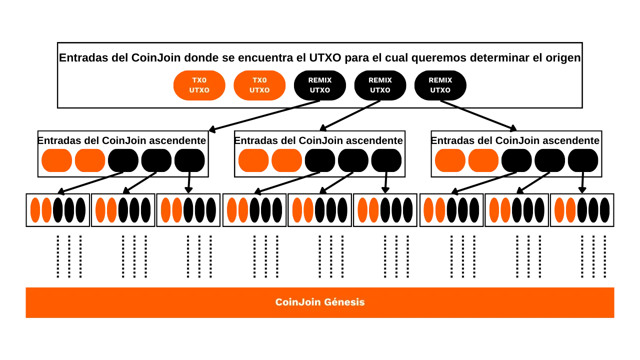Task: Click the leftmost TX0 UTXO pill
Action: tap(199, 85)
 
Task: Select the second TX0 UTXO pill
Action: tap(259, 85)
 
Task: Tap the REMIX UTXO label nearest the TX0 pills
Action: tap(320, 85)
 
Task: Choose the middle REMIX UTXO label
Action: tap(380, 85)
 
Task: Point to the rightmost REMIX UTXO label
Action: tap(440, 85)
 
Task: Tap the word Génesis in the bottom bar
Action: tap(344, 302)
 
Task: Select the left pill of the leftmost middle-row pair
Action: tap(56, 160)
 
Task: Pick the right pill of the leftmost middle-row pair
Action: tap(90, 160)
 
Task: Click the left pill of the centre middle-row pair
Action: tap(253, 160)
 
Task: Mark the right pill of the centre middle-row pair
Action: tap(286, 160)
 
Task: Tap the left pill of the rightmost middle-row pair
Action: tap(450, 160)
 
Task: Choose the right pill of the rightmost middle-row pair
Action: tap(483, 160)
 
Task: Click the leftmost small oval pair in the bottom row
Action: tap(40, 210)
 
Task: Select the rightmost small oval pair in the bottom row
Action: tap(565, 210)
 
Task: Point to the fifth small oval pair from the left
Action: tap(303, 210)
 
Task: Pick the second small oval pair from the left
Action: tap(106, 210)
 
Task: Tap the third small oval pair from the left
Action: tap(171, 210)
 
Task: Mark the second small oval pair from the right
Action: tap(499, 210)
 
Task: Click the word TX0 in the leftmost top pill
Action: tap(199, 80)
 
